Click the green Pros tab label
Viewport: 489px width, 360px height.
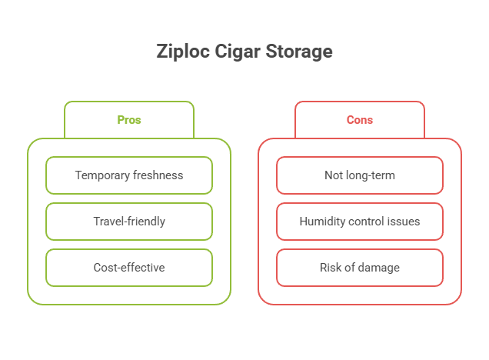tap(129, 120)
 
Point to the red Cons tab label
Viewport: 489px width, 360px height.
tap(360, 120)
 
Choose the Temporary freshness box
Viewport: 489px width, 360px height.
tap(129, 175)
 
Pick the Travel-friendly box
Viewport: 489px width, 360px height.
tap(129, 222)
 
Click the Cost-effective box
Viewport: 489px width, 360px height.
tap(129, 268)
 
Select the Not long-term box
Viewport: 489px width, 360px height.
tap(360, 175)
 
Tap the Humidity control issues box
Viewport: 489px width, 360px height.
tap(360, 222)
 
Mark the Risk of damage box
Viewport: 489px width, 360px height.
tap(360, 268)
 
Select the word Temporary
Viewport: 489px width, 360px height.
tap(101, 175)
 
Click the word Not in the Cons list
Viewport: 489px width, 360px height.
tap(333, 175)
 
